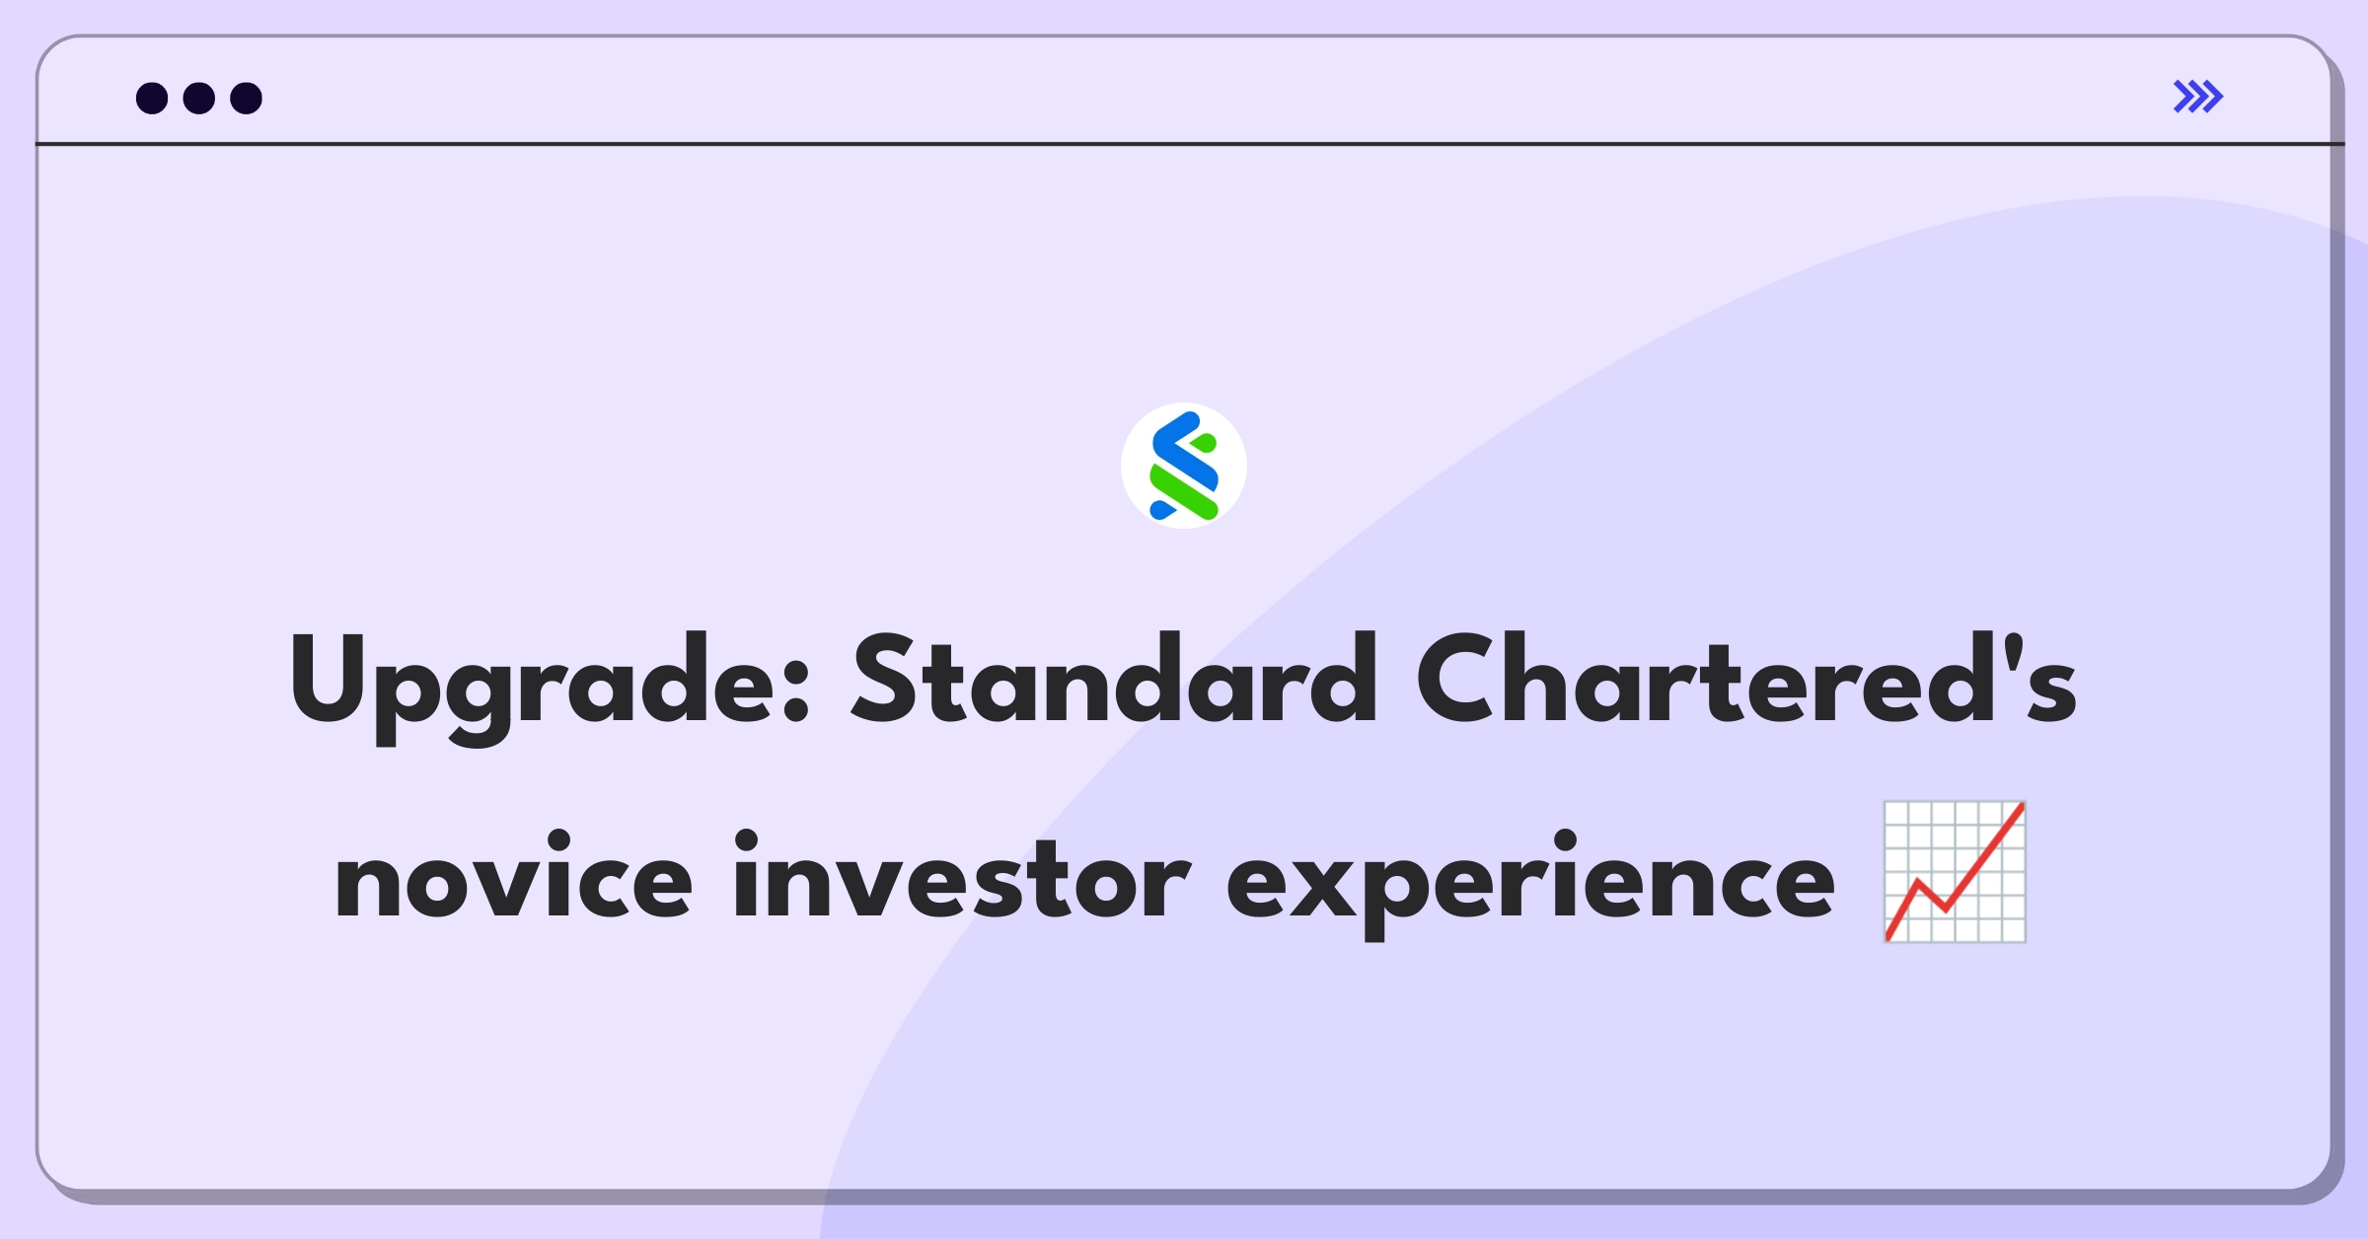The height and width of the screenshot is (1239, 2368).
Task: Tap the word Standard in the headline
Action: tap(1114, 679)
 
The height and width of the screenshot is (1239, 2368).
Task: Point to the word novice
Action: tap(513, 876)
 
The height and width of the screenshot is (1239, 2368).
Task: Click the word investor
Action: tap(962, 876)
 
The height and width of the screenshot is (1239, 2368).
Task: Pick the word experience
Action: tap(1530, 884)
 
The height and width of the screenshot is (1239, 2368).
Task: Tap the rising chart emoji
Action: tap(1955, 872)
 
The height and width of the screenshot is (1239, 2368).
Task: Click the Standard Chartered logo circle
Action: tap(1184, 466)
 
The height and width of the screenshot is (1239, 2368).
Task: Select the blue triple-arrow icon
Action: tap(2198, 97)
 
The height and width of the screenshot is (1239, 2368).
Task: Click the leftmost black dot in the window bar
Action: tap(152, 98)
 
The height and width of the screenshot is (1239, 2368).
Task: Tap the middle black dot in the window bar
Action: tap(199, 98)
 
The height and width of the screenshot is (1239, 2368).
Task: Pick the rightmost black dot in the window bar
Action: tap(247, 98)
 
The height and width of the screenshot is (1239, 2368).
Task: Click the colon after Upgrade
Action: tap(796, 691)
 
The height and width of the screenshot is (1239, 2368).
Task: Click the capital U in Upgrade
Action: tap(330, 679)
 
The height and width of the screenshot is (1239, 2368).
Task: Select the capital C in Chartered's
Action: tap(1458, 679)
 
